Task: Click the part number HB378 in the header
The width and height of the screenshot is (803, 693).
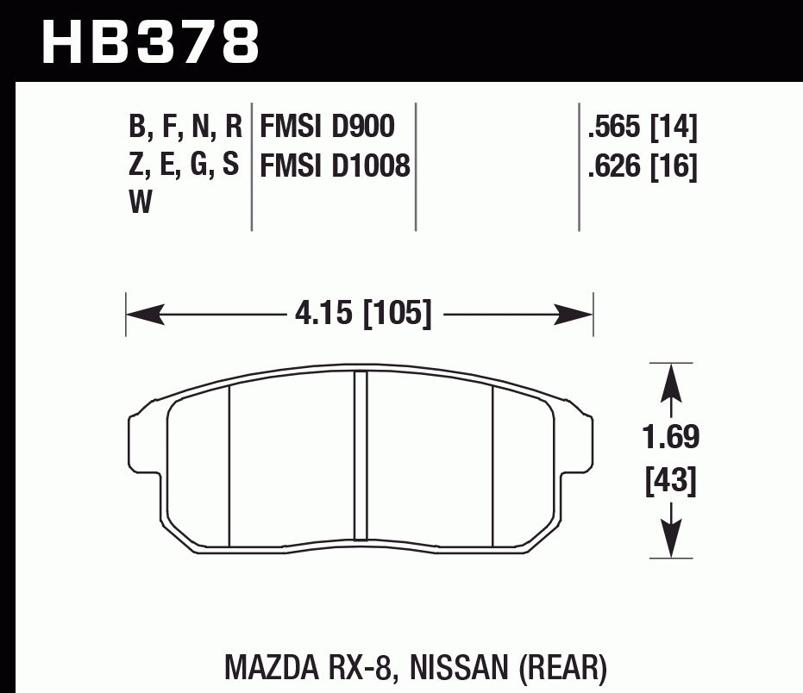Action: point(151,41)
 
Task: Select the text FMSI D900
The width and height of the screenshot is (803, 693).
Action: point(327,128)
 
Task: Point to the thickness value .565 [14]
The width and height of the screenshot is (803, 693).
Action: point(641,128)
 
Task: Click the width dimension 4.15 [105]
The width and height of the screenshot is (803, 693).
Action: point(362,313)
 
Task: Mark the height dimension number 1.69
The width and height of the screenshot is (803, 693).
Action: point(671,438)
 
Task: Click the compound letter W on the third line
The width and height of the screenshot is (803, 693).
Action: point(140,203)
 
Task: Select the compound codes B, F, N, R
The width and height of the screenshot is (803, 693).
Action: point(185,128)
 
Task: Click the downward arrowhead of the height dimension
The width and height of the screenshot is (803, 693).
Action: point(671,540)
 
